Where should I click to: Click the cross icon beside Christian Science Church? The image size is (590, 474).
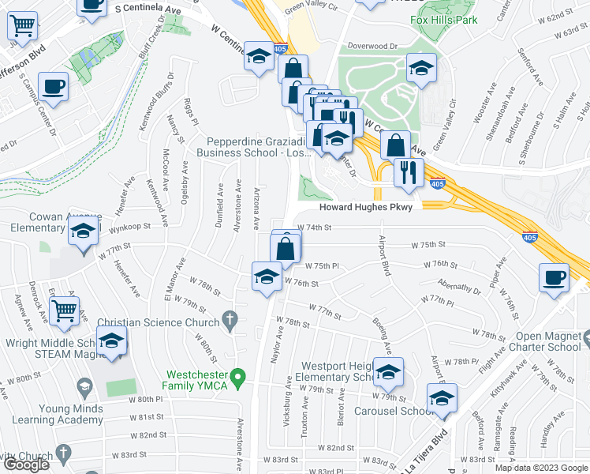[230, 322]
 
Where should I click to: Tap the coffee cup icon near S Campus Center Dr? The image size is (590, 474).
[54, 87]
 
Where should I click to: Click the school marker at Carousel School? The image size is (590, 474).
[442, 401]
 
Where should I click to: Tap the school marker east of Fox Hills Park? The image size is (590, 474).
[421, 69]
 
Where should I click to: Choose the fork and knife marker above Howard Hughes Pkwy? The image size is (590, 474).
[408, 172]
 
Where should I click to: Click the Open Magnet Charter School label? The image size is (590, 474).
[544, 340]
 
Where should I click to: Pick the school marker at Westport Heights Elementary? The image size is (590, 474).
[387, 373]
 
